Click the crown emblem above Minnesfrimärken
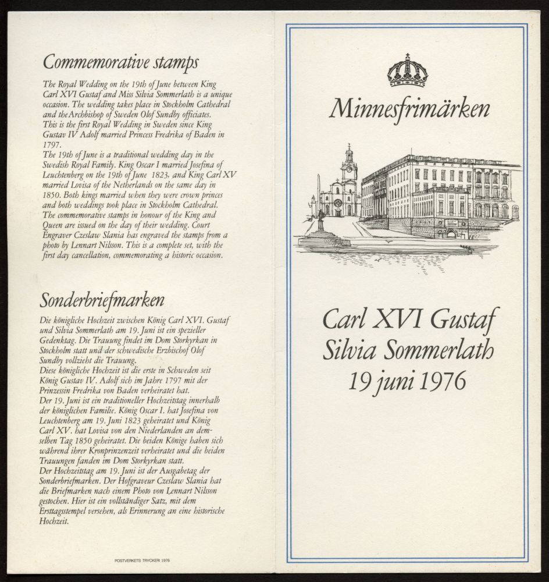point(408,70)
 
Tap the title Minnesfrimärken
point(409,109)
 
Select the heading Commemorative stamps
point(121,62)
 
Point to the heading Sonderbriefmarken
point(102,300)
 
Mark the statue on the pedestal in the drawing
point(320,222)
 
